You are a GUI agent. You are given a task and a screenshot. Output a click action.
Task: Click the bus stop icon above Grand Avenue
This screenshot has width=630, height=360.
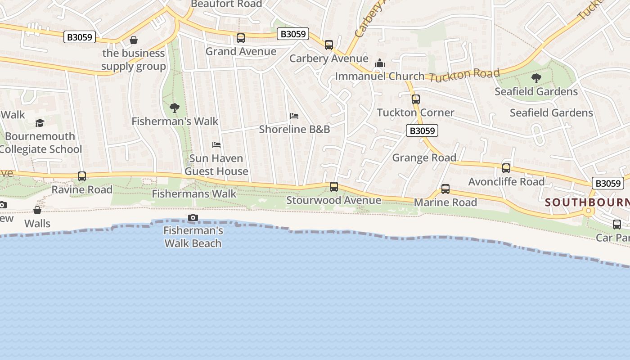coord(241,38)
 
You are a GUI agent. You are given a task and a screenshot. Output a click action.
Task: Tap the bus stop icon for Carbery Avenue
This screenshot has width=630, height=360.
coord(329,45)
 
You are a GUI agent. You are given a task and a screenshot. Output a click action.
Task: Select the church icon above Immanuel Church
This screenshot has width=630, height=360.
coord(380,63)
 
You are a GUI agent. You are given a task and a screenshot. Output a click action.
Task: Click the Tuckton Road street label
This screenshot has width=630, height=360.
coord(464,75)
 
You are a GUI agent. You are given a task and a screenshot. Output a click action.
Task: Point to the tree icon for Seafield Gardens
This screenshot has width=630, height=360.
coord(536,78)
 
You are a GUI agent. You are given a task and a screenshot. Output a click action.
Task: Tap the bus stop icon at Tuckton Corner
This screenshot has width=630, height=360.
coord(416,99)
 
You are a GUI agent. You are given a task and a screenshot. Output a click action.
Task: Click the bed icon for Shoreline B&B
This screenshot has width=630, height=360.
coord(294,116)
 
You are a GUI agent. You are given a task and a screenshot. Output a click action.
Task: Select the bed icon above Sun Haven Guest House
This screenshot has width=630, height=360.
coord(216,145)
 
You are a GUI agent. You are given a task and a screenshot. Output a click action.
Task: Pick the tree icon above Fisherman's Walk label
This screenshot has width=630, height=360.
coord(175,108)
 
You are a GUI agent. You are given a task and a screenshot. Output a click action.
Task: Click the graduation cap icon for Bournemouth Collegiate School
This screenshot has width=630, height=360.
coord(40,123)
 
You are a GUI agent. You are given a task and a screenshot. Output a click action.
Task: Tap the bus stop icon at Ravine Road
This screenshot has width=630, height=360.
coord(82,176)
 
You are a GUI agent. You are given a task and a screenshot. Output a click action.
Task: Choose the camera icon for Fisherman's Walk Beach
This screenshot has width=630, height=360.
coord(193,218)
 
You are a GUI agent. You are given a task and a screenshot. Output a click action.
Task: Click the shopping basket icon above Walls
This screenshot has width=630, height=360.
coord(37,210)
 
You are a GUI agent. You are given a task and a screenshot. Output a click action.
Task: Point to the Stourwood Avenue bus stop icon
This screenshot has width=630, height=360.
coord(334,187)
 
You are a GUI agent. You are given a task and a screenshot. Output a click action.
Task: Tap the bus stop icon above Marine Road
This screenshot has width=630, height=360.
coord(445,189)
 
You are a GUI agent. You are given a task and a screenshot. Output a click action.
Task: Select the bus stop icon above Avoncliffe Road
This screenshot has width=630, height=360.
coord(506,168)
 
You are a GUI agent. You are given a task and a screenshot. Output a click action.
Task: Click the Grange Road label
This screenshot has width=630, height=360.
coord(424,157)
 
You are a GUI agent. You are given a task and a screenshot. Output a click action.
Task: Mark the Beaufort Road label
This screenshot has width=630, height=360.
coord(226,4)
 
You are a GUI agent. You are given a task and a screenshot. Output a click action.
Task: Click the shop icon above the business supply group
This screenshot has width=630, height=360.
coord(134,40)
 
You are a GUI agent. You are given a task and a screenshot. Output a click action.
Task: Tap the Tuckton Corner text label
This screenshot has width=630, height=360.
coord(415,112)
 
